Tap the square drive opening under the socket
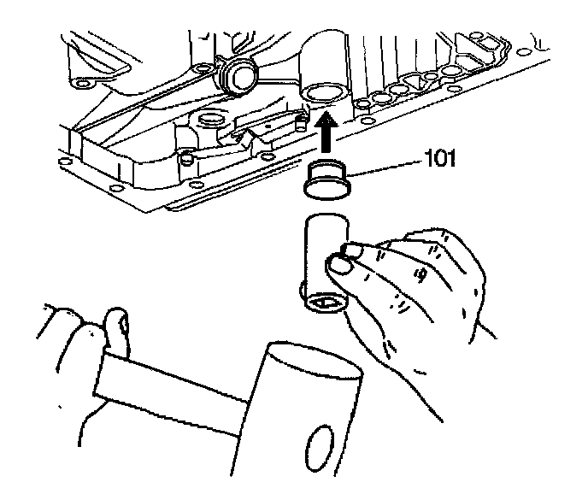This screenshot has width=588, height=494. (324, 300)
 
